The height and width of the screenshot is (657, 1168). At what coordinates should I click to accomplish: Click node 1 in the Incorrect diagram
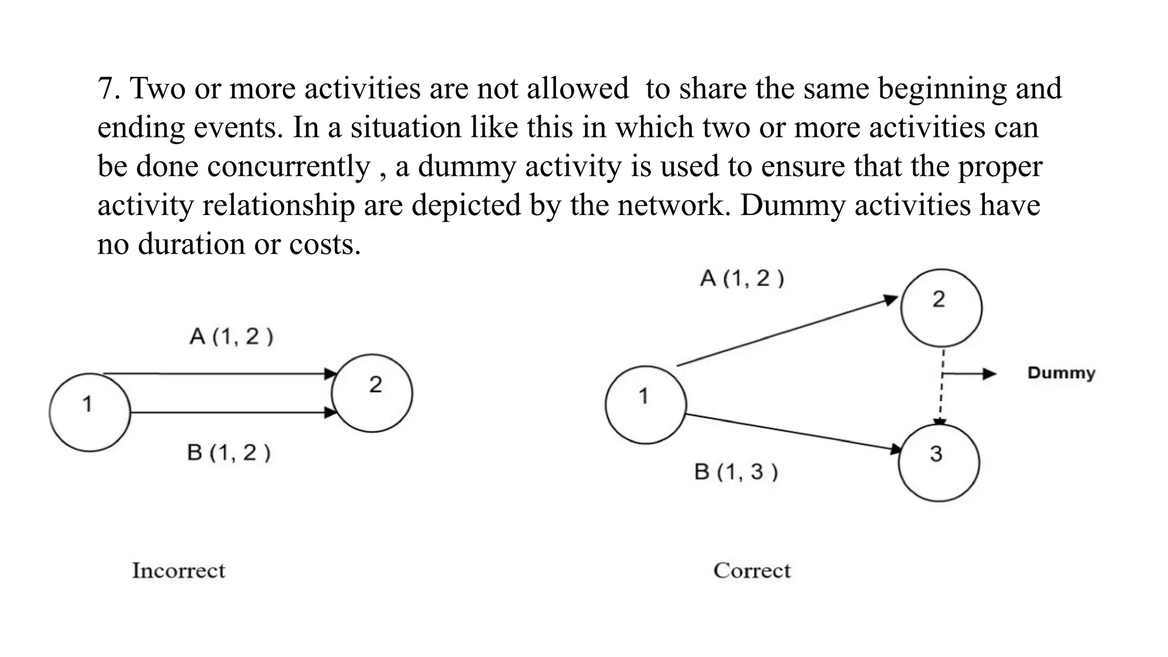tap(90, 412)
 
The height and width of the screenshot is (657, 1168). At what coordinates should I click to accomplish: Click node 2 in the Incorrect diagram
tap(372, 393)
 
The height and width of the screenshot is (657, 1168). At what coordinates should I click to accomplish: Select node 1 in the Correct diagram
tap(646, 404)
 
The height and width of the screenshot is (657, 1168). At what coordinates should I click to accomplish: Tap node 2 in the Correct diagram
tap(941, 308)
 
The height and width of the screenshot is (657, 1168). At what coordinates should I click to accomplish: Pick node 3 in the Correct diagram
tap(939, 462)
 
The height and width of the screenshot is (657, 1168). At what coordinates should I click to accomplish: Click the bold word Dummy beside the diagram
tap(1061, 373)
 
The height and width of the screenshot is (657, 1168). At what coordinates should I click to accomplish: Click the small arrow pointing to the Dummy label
tap(970, 374)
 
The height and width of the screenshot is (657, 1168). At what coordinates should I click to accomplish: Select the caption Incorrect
tap(179, 570)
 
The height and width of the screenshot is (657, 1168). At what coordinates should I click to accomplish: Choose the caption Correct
tap(752, 570)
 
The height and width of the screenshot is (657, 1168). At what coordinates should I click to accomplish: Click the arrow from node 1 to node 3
tap(793, 433)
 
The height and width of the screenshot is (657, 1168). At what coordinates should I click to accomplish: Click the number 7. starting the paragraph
tap(108, 89)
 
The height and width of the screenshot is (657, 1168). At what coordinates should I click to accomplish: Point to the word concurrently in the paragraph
tap(289, 167)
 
